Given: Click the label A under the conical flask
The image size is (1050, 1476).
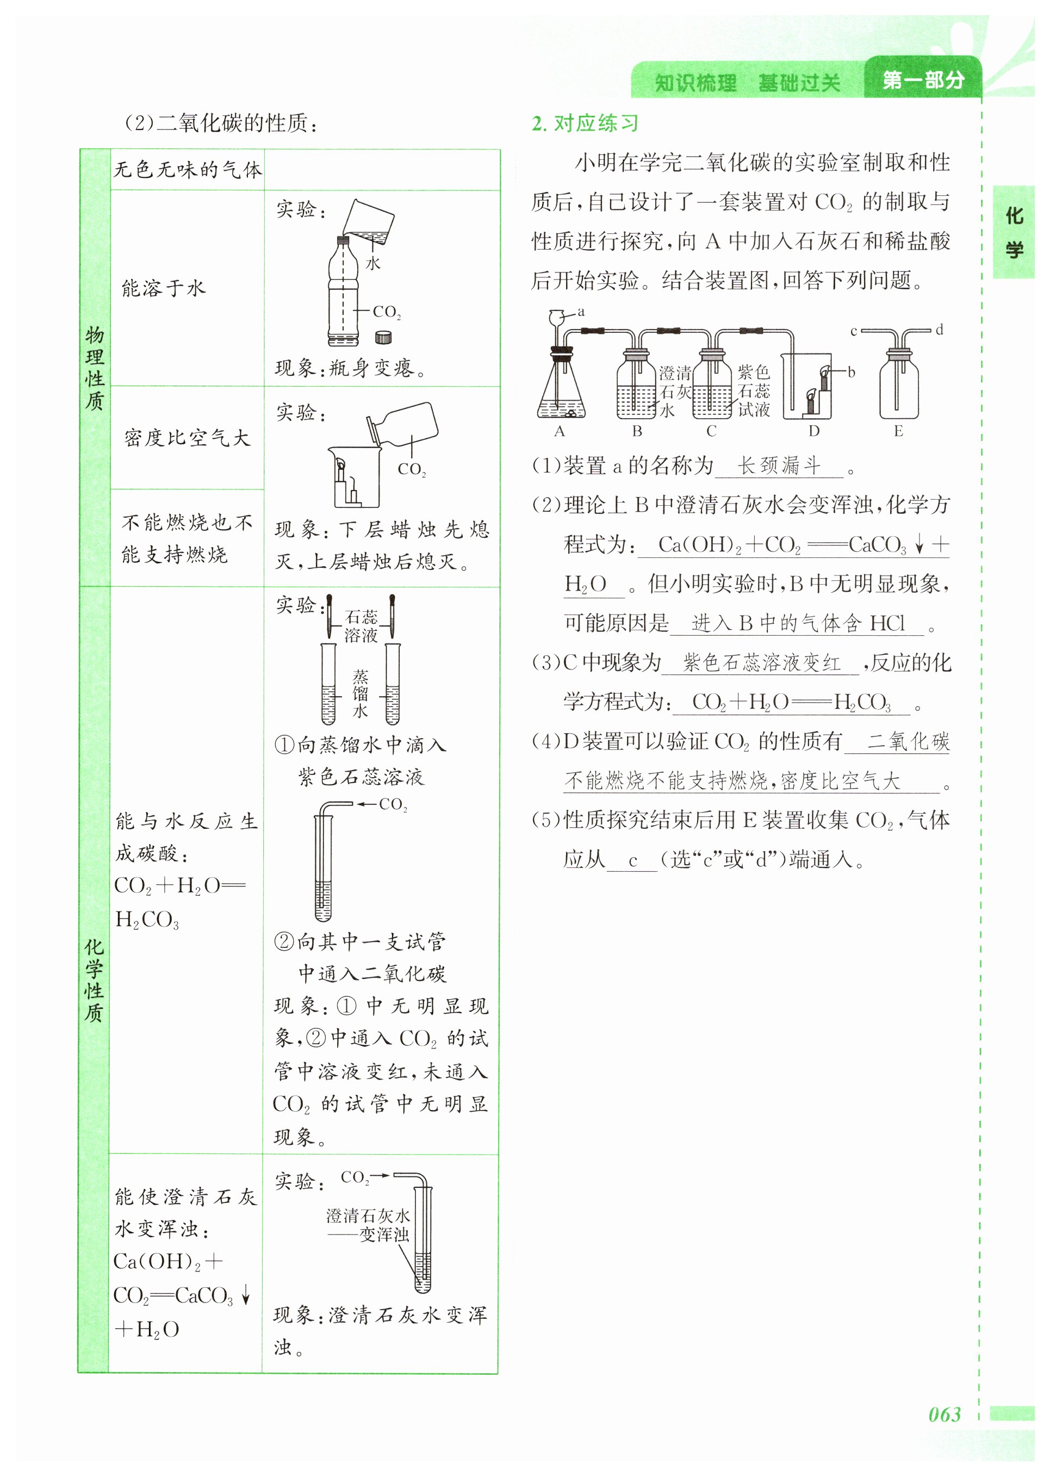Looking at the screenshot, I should click(x=560, y=431).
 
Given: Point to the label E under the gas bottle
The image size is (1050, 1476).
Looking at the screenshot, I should click(x=898, y=431).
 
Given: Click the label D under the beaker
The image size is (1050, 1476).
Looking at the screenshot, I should click(x=813, y=431).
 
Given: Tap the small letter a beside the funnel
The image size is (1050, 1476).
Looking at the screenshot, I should click(x=581, y=312).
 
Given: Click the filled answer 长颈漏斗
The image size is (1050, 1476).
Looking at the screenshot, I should click(x=779, y=466).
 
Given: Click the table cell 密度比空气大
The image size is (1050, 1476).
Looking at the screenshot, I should click(x=187, y=438).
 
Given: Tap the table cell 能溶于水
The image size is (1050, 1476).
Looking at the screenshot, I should click(x=164, y=288).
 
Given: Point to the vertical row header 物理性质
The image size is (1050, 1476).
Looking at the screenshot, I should click(x=95, y=369).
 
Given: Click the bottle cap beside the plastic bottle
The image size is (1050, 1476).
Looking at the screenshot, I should click(x=383, y=337).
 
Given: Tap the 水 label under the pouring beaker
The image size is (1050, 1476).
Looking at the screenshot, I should click(x=373, y=263).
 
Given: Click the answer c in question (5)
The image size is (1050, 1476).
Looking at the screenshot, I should click(x=632, y=860).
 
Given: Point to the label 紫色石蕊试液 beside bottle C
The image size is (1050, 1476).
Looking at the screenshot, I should click(x=754, y=390).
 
